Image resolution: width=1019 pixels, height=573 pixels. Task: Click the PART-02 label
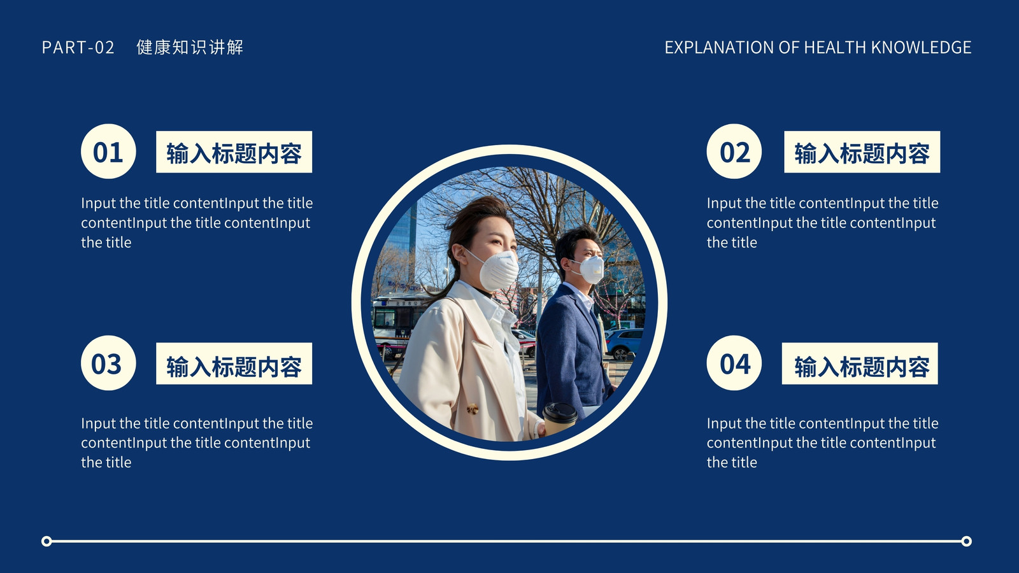coord(78,47)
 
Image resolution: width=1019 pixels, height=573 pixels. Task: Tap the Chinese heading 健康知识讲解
coord(190,47)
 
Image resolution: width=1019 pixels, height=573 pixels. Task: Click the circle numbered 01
coord(108,152)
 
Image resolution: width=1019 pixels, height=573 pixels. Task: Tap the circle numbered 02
coord(734,152)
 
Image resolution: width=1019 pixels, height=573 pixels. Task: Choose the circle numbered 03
coord(108,363)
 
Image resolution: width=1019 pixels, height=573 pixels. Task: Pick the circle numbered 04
coord(734,363)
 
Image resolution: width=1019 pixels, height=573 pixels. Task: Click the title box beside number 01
coord(234,152)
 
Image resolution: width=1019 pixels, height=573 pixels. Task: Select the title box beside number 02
coord(862,152)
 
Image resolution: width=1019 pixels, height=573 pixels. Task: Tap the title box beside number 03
coord(234,364)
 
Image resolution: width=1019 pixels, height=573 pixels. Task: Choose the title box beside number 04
coord(860,364)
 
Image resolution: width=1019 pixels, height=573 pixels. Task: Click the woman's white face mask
coord(498,270)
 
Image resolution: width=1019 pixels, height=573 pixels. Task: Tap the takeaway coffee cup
coord(560,418)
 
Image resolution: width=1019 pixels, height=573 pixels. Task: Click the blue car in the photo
coord(624,343)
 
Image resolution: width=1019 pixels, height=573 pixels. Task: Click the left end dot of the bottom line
coord(46,541)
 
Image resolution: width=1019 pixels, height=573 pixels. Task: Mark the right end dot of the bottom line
coord(967,541)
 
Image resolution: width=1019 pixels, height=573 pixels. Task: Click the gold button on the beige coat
coord(473,409)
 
